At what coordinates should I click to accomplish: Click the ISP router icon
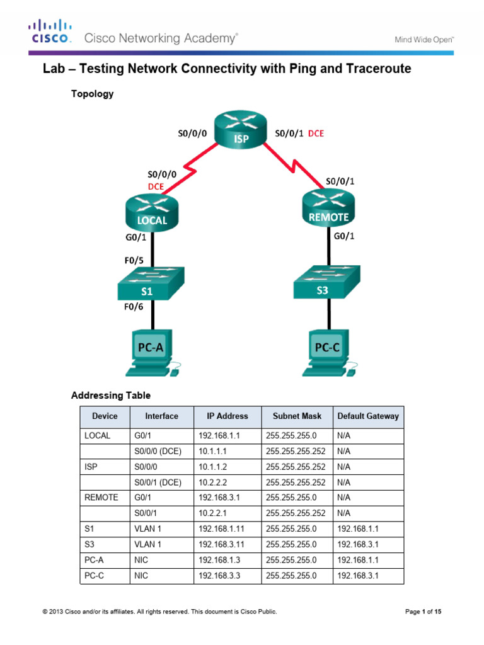[x=241, y=131]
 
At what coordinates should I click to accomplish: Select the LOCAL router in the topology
[x=152, y=211]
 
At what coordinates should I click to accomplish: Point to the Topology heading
[x=92, y=94]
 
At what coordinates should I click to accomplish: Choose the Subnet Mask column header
[x=297, y=416]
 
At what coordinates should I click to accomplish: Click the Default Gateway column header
[x=368, y=416]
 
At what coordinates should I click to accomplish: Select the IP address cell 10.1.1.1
[x=215, y=452]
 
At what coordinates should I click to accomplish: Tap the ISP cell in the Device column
[x=91, y=467]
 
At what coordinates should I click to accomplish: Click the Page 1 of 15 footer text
[x=424, y=612]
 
